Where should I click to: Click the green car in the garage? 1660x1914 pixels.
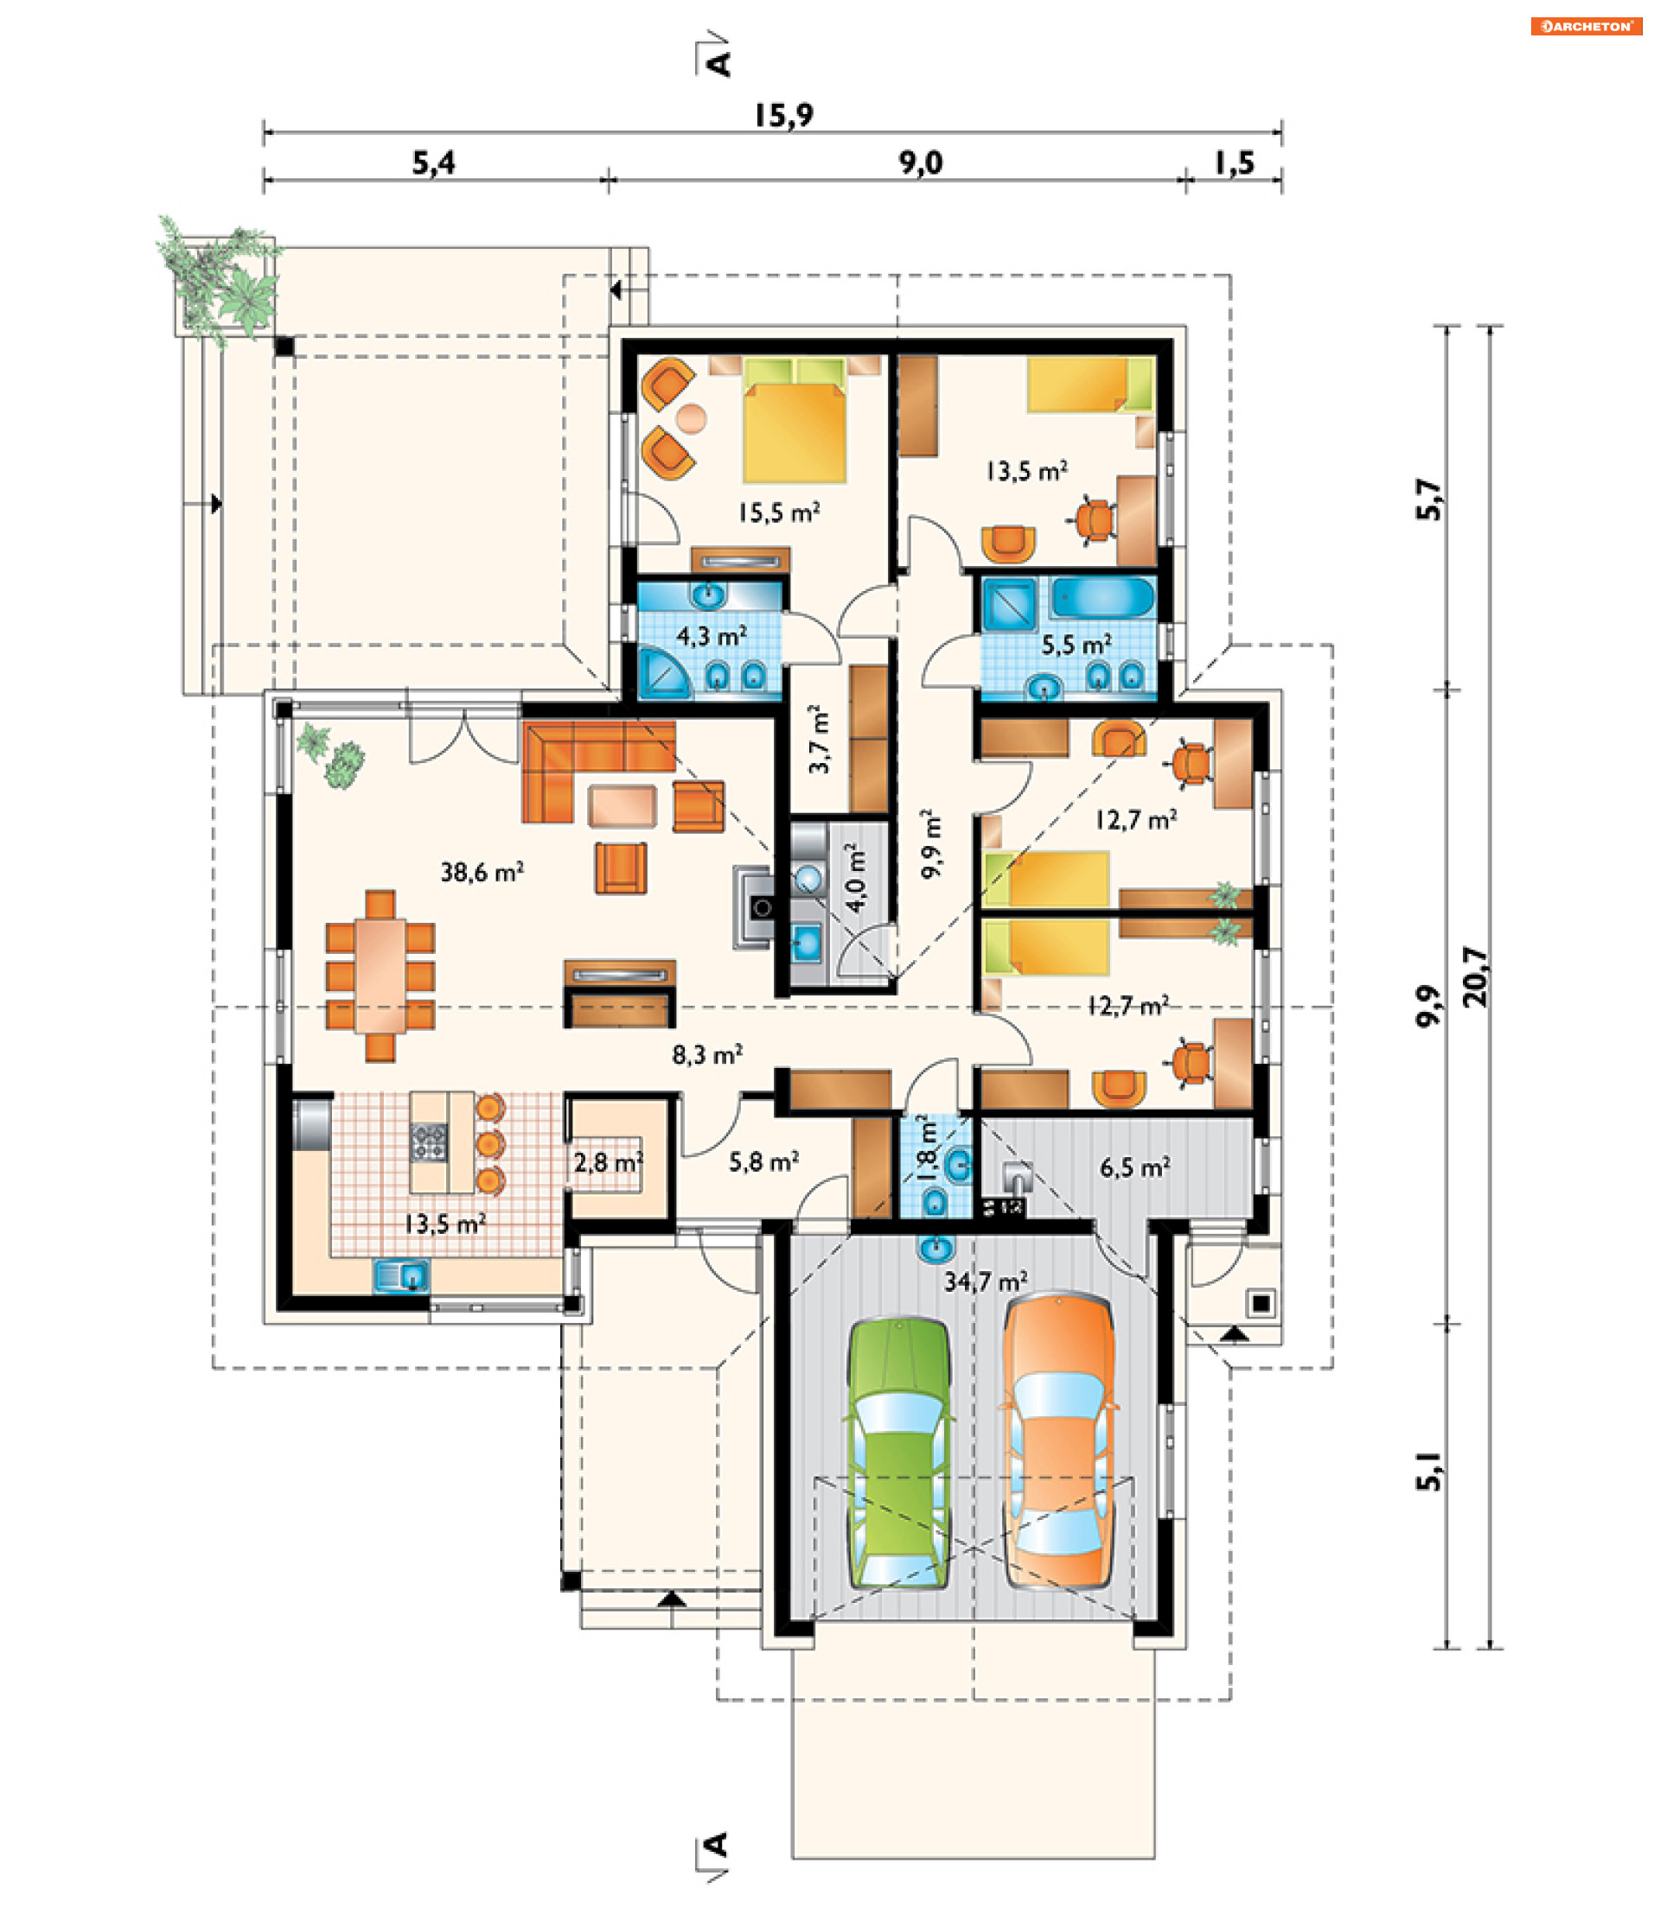point(898,1453)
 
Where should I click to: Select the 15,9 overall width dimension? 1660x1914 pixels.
point(783,115)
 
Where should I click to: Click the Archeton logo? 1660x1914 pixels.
point(1586,26)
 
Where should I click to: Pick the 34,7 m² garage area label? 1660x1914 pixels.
point(986,1281)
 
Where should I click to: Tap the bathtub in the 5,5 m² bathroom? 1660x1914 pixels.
point(1103,597)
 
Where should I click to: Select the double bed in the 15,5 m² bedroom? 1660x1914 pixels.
point(794,421)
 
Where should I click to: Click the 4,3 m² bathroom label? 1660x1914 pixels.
point(712,636)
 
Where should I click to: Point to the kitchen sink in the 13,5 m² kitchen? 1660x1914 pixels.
point(401,1275)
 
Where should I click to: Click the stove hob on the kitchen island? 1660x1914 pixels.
point(429,1141)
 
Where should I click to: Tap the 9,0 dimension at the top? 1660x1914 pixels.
point(920,163)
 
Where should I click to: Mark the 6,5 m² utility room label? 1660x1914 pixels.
point(1134,1167)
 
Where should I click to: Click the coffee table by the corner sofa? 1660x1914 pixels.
point(622,804)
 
